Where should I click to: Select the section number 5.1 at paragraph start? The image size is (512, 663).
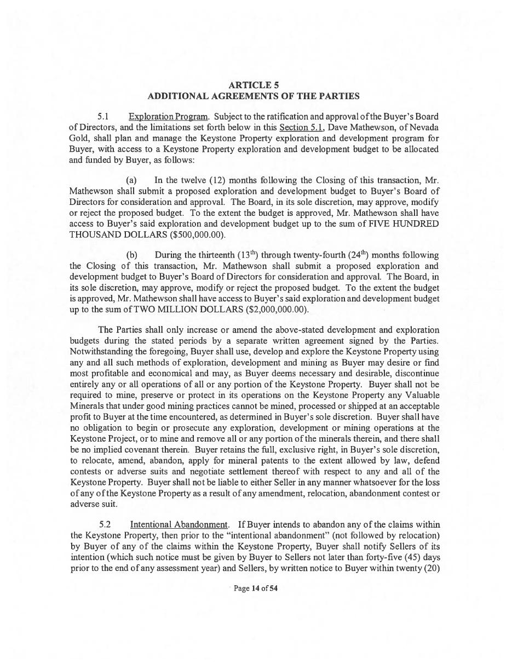tap(103, 117)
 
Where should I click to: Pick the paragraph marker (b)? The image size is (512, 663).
tap(131, 255)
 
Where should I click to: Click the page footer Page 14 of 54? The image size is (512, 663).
tap(256, 588)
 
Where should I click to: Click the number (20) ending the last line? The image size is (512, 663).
tap(432, 568)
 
